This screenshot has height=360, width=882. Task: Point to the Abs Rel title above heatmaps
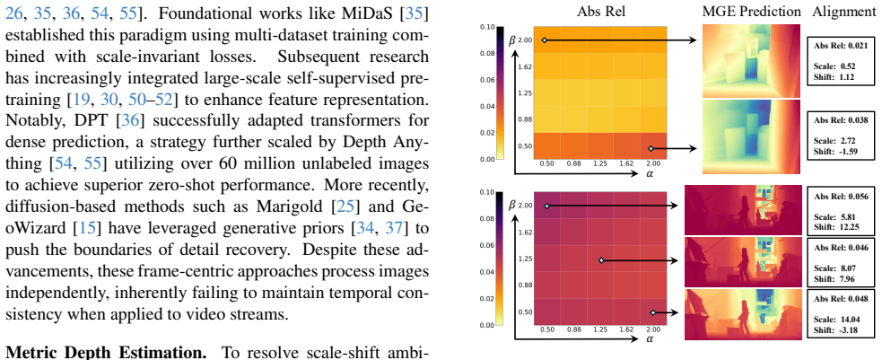click(599, 12)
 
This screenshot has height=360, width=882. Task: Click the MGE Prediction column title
click(751, 12)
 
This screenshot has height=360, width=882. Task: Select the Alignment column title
click(844, 12)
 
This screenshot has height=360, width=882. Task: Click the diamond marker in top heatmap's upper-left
click(544, 40)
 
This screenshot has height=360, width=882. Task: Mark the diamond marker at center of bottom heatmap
click(601, 260)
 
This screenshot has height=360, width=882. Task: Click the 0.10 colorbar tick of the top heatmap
click(487, 27)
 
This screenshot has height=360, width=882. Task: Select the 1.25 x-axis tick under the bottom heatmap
click(600, 329)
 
